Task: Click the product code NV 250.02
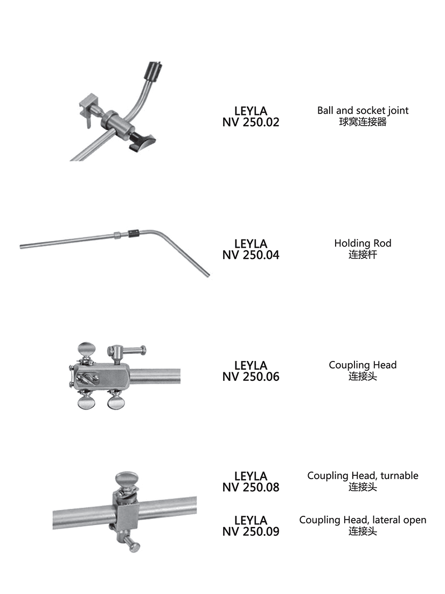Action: [x=251, y=122]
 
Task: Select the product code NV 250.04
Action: [x=251, y=255]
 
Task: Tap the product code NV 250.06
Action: [x=251, y=377]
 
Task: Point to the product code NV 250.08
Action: [x=251, y=488]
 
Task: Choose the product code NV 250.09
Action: [x=251, y=532]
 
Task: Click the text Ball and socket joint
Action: [x=363, y=111]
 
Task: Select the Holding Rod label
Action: [x=363, y=243]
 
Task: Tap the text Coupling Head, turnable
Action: [x=363, y=476]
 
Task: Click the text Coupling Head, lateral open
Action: [x=363, y=520]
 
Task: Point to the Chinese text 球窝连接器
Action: [x=363, y=122]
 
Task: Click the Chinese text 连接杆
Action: [x=363, y=255]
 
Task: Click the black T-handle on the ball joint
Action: [x=142, y=142]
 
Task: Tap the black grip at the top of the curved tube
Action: [x=155, y=72]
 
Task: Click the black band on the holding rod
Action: [x=134, y=233]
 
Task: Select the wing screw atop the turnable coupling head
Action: [x=127, y=480]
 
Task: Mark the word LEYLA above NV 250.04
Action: [x=251, y=244]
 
